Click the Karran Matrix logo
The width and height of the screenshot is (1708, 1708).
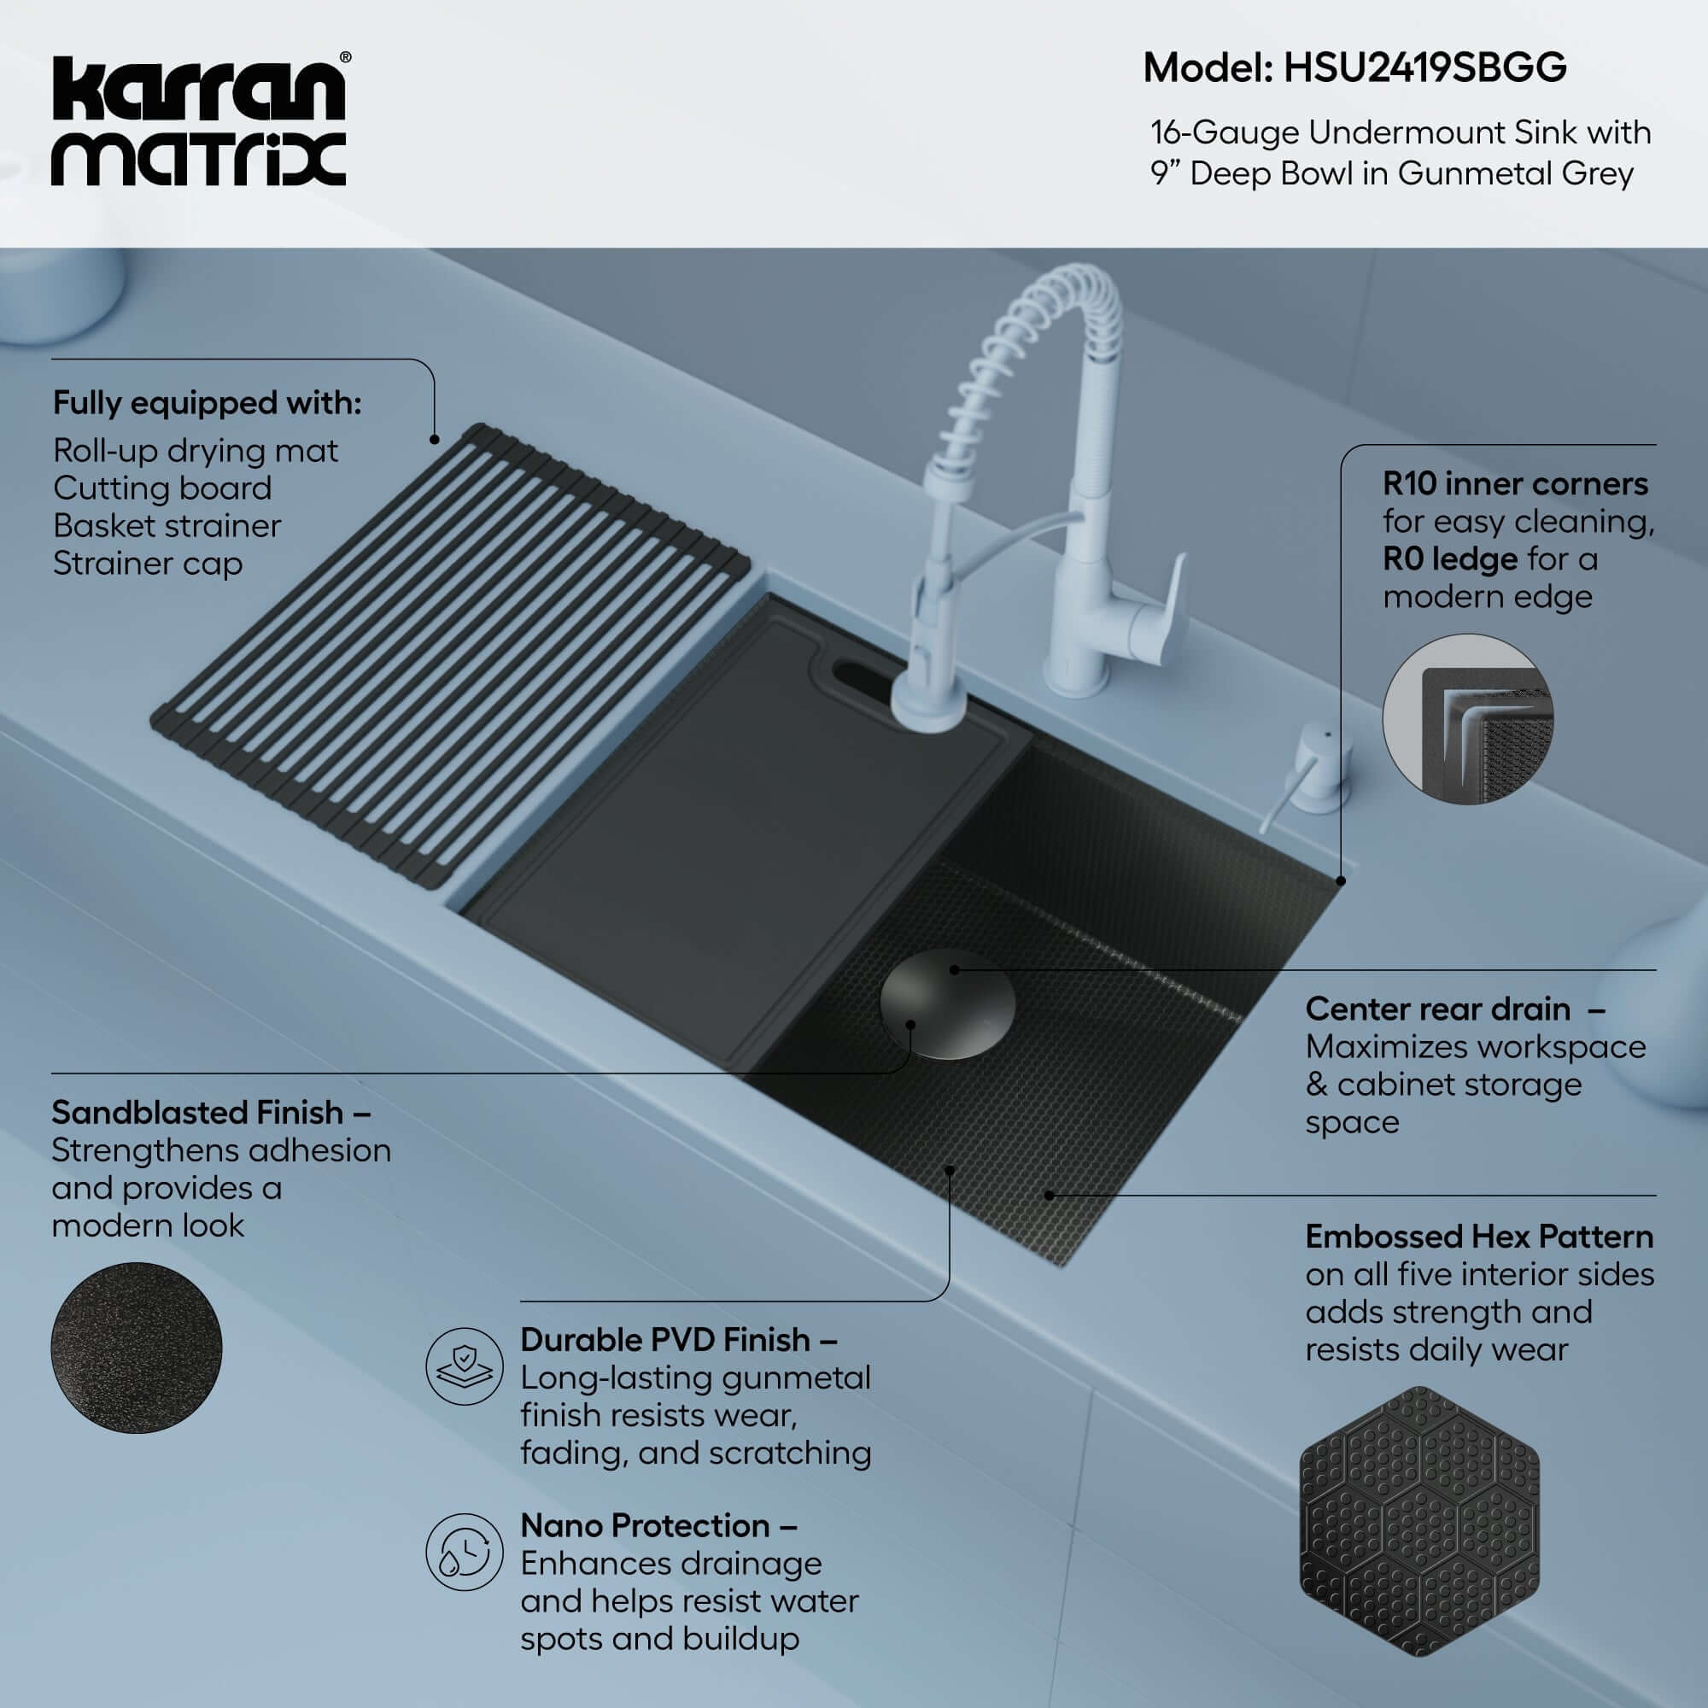pyautogui.click(x=199, y=121)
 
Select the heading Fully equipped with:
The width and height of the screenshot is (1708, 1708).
pyautogui.click(x=207, y=403)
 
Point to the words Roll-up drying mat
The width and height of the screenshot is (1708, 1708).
pyautogui.click(x=196, y=451)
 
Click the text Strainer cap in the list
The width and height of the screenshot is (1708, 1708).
pyautogui.click(x=148, y=564)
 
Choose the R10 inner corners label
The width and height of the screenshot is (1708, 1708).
pyautogui.click(x=1514, y=484)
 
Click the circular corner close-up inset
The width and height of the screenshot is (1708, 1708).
pyautogui.click(x=1467, y=719)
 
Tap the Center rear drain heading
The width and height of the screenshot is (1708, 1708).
pyautogui.click(x=1437, y=1009)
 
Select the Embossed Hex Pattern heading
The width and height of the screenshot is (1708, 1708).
pyautogui.click(x=1478, y=1237)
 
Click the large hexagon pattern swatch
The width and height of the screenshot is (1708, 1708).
pyautogui.click(x=1418, y=1521)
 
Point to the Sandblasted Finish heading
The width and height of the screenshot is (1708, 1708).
pyautogui.click(x=197, y=1112)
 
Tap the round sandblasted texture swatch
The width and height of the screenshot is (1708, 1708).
pyautogui.click(x=136, y=1348)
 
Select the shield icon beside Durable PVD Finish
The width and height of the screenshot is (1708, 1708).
pyautogui.click(x=464, y=1366)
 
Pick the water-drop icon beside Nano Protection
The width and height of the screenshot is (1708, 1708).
pyautogui.click(x=464, y=1552)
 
